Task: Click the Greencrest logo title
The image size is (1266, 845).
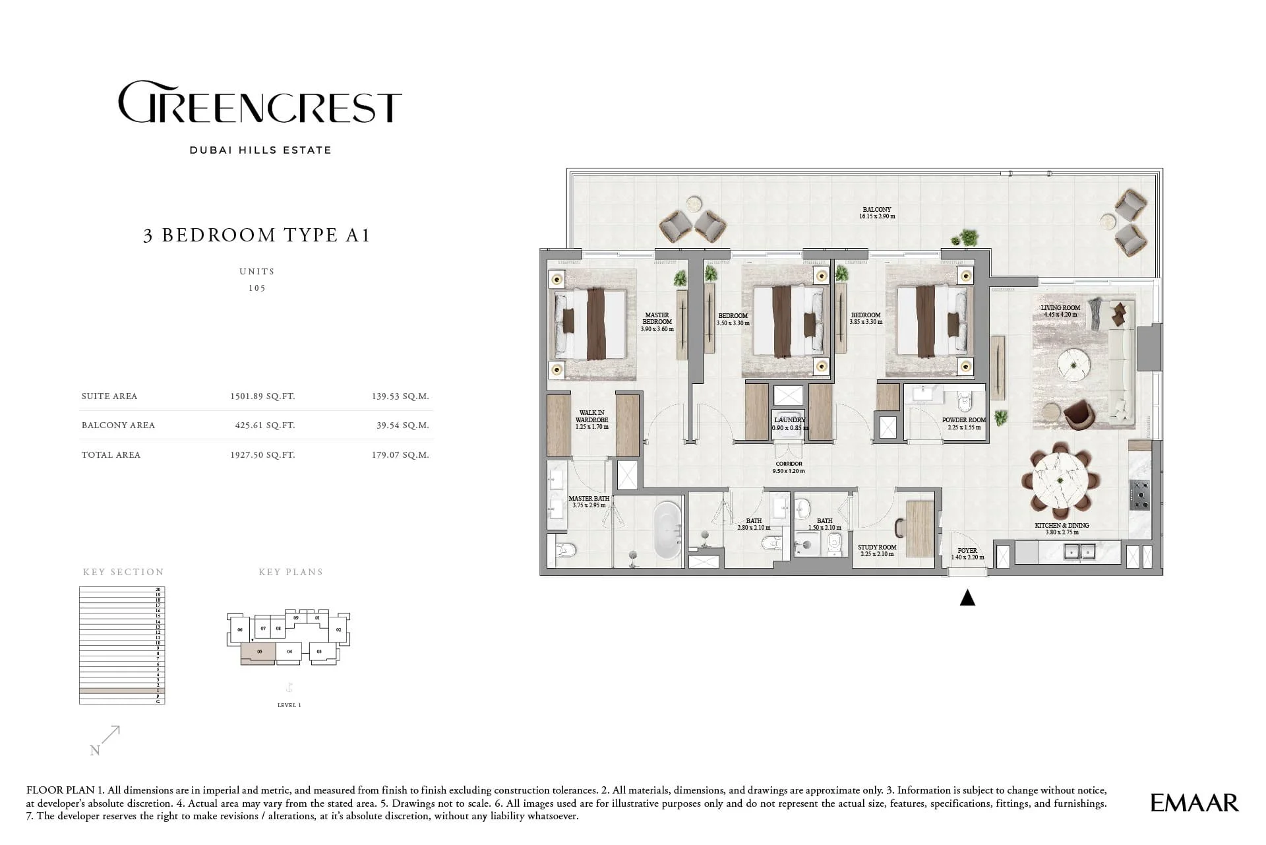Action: tap(260, 103)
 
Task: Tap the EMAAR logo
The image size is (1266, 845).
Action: tap(1194, 803)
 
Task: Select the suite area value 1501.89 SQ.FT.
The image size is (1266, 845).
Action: tap(262, 396)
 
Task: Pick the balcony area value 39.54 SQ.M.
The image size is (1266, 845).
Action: tap(402, 425)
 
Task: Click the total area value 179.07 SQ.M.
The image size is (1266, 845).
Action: tap(400, 455)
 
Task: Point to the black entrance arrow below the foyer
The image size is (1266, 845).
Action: tap(967, 598)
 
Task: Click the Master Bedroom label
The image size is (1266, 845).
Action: tap(657, 319)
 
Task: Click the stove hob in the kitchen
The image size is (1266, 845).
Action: tap(1139, 495)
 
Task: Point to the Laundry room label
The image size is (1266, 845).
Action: tap(789, 420)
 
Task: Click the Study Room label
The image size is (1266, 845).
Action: tap(876, 548)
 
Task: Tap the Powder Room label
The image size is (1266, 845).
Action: tap(963, 420)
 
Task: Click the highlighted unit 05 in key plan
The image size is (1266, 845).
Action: tap(259, 652)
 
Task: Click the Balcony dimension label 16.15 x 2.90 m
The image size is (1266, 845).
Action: tap(877, 216)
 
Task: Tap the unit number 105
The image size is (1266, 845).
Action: tap(256, 288)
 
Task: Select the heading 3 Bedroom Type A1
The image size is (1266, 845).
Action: tap(256, 235)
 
